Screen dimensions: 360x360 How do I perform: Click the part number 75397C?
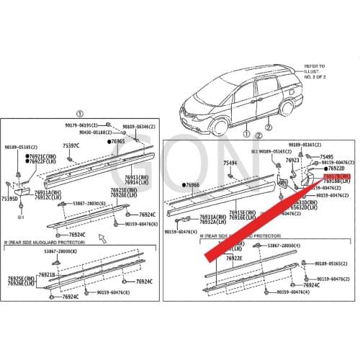coord(71,146)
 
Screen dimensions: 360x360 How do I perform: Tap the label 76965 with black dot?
coord(117,142)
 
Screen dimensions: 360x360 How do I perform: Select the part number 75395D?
coord(10,199)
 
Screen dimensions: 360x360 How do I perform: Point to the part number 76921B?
coord(47,274)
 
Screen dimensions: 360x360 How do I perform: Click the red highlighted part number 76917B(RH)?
coord(337,176)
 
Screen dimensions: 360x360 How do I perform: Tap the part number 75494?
coord(230,163)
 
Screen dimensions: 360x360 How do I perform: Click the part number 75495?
coord(327,156)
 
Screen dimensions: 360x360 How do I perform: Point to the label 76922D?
coord(335,168)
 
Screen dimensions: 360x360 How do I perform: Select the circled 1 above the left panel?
coord(80,114)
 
